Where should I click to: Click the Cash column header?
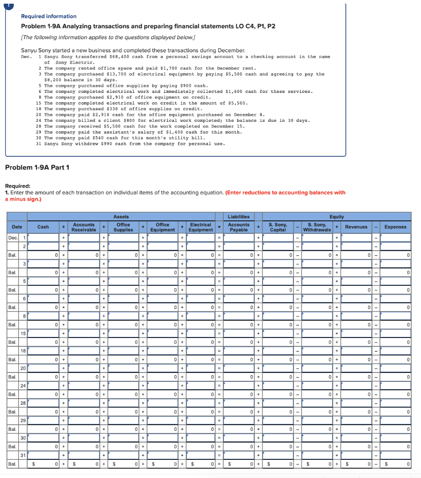point(43,227)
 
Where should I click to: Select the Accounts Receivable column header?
point(84,227)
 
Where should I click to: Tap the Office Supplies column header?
point(123,227)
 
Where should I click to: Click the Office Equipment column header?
point(163,227)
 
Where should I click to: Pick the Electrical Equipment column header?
point(201,227)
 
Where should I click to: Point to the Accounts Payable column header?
point(239,227)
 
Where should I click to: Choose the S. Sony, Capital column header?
point(278,227)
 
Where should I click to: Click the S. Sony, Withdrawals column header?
point(317,227)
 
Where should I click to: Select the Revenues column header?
point(356,227)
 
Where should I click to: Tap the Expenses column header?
point(395,227)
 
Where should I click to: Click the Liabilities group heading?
point(239,217)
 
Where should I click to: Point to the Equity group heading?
point(336,217)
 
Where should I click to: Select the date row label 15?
point(22,333)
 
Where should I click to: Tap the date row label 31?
point(22,456)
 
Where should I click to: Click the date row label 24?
point(22,386)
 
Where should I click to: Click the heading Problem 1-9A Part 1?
point(37,168)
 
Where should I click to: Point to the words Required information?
point(49,16)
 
